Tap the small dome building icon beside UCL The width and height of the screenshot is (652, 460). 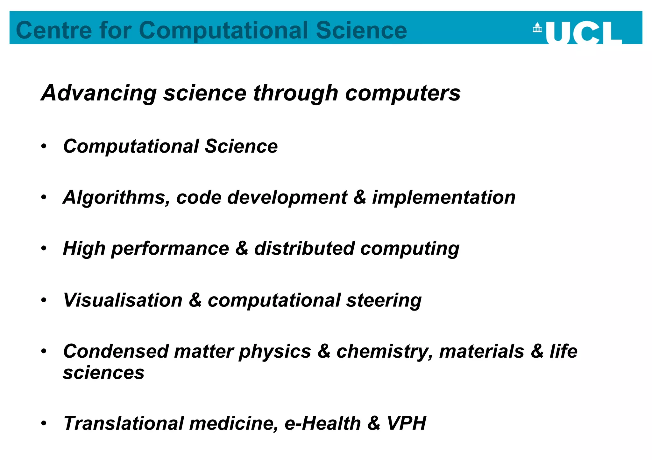(x=537, y=27)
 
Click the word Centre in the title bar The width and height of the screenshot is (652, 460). (x=54, y=31)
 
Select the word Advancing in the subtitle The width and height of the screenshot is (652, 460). (x=99, y=93)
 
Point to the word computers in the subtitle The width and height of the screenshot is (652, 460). (x=403, y=93)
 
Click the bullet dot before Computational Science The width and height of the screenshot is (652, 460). (x=44, y=146)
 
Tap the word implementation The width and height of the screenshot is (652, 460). (x=444, y=197)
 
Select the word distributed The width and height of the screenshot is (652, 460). (x=304, y=248)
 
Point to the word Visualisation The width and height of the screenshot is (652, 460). (x=123, y=300)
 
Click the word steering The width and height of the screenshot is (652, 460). (x=384, y=300)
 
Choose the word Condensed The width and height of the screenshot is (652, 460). (x=116, y=351)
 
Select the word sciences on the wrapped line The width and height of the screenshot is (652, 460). (x=104, y=373)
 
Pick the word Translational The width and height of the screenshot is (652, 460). (x=124, y=423)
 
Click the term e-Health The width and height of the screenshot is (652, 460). (x=322, y=423)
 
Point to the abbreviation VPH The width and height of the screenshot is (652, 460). (x=407, y=423)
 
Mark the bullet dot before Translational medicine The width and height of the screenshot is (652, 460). (x=44, y=423)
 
